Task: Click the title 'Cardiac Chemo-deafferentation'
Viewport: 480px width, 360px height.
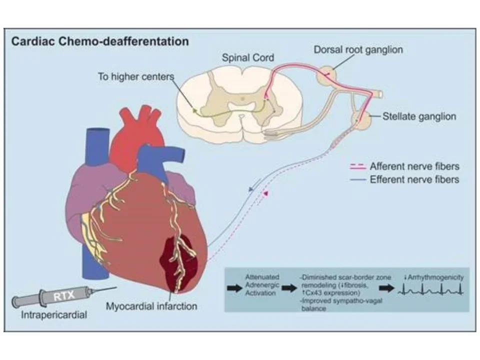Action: point(100,41)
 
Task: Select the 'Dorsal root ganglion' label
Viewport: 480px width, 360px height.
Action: point(358,50)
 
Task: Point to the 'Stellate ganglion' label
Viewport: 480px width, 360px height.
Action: point(419,116)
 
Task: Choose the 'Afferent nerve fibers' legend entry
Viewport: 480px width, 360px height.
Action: point(414,166)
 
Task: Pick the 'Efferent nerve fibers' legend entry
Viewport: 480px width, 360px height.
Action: point(414,179)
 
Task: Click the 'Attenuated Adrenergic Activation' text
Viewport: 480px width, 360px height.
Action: point(262,285)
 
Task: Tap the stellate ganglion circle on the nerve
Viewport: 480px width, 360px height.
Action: point(361,118)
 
